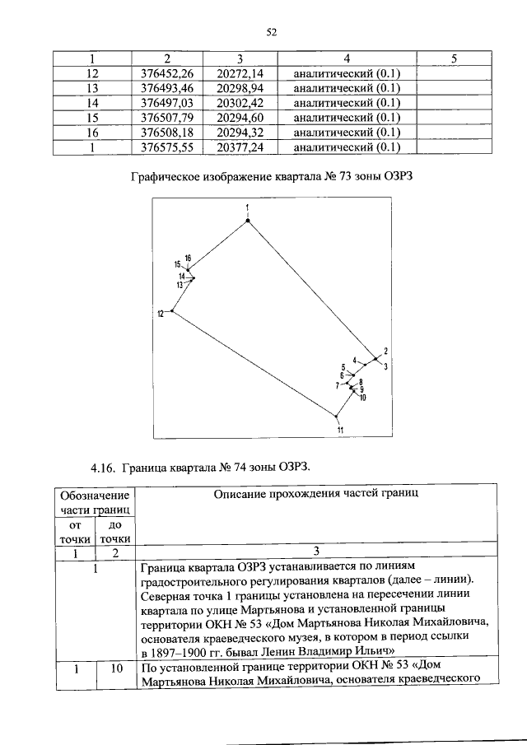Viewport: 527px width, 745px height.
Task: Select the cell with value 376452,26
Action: pos(166,73)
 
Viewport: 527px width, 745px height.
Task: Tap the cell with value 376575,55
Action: pos(166,147)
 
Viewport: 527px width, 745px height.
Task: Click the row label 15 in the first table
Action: pos(92,118)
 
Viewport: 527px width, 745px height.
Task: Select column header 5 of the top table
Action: pos(455,58)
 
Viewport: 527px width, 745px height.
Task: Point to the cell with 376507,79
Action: pos(166,118)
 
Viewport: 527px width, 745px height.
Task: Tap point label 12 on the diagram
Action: pos(162,314)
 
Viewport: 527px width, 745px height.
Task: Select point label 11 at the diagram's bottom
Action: pos(339,430)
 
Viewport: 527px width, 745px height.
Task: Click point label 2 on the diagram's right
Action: pos(385,352)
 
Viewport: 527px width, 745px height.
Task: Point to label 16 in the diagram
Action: pos(189,258)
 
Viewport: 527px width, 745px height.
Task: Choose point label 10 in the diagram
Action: pos(363,397)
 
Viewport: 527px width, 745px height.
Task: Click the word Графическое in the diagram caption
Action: pos(166,176)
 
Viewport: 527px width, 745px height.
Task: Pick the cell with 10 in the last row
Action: pos(114,668)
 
